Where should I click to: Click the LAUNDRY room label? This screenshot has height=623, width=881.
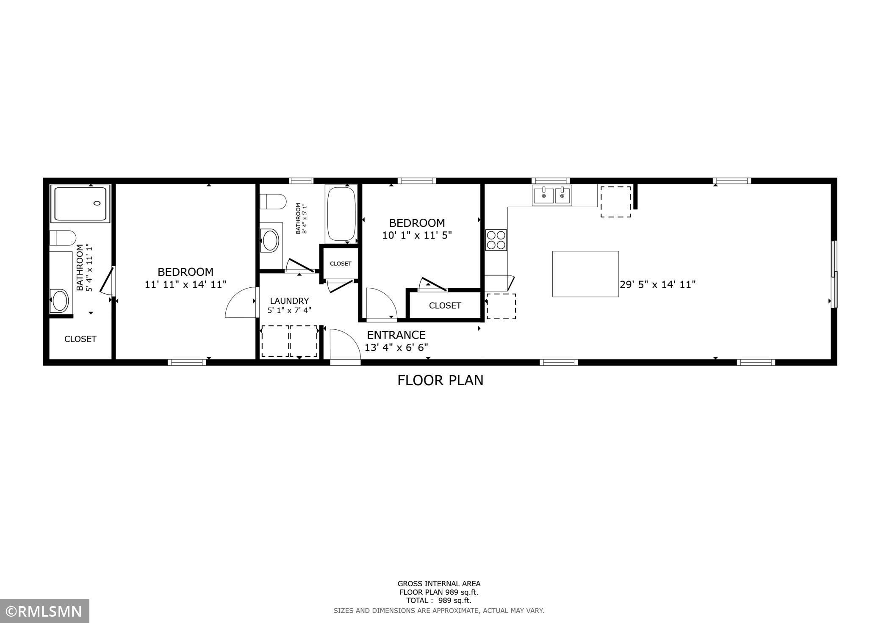(289, 301)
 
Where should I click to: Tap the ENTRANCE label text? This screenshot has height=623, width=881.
(396, 335)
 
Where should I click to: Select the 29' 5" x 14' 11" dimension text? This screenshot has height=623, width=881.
(658, 285)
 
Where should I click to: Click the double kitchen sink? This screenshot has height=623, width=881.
(552, 196)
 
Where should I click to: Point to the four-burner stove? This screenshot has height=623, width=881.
(496, 240)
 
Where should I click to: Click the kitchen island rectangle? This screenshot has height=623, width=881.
(585, 274)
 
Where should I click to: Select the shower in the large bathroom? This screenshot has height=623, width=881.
(80, 203)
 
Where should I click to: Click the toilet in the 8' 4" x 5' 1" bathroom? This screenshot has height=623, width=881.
(272, 202)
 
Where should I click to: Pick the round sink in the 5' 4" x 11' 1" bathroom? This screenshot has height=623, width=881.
(59, 300)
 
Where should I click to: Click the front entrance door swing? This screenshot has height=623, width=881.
(344, 345)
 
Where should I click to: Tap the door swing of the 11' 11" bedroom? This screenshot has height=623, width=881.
(241, 303)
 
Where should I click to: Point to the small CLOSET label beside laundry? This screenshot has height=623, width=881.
(341, 264)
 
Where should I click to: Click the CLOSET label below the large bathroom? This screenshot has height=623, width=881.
(80, 339)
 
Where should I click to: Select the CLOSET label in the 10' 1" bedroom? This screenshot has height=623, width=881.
(445, 306)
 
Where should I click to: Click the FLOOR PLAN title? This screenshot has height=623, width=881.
(440, 380)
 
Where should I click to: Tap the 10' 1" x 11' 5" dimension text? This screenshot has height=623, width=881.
(417, 236)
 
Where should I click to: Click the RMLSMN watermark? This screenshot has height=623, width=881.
(44, 611)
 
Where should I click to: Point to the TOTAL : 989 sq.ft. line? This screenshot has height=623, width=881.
(438, 601)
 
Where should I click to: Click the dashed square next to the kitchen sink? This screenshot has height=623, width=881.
(615, 202)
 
